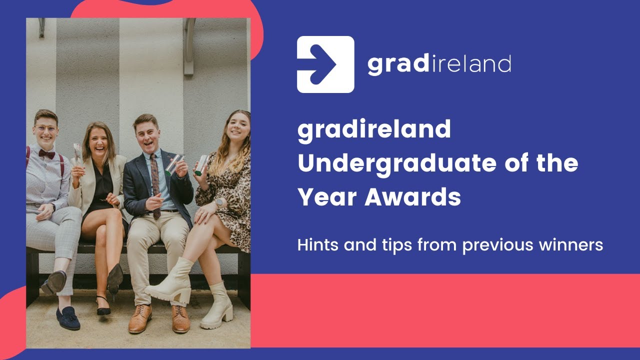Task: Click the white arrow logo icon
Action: (325, 64)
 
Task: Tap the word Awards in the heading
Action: (412, 197)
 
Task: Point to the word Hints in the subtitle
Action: (316, 245)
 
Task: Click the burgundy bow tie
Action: (46, 154)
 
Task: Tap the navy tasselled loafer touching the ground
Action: (68, 318)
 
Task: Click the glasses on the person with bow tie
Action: (45, 128)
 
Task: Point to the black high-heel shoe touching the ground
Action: (103, 306)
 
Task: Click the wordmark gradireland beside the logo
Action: (439, 64)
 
